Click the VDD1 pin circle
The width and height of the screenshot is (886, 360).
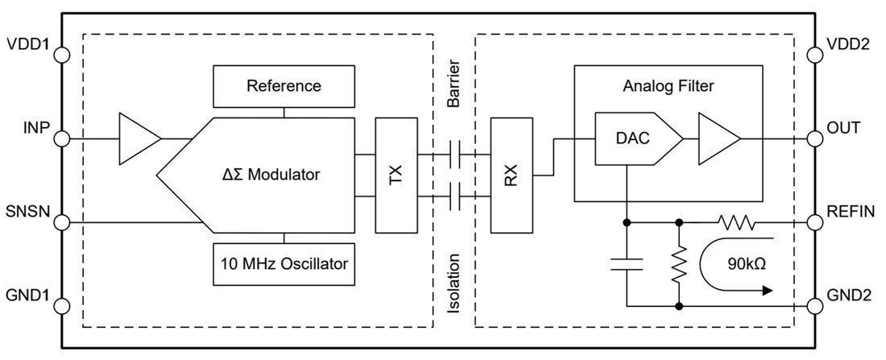tap(62, 55)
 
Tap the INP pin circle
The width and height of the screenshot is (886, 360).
tap(62, 139)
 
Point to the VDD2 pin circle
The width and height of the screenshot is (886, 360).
tap(815, 55)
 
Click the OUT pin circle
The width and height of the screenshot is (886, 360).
tap(815, 139)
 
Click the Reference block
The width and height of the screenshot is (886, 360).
tap(284, 86)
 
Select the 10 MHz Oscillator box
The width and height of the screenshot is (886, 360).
tap(284, 263)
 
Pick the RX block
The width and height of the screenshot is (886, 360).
tap(512, 175)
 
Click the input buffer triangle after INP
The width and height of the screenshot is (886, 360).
tap(137, 139)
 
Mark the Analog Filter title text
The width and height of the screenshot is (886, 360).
tap(669, 85)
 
